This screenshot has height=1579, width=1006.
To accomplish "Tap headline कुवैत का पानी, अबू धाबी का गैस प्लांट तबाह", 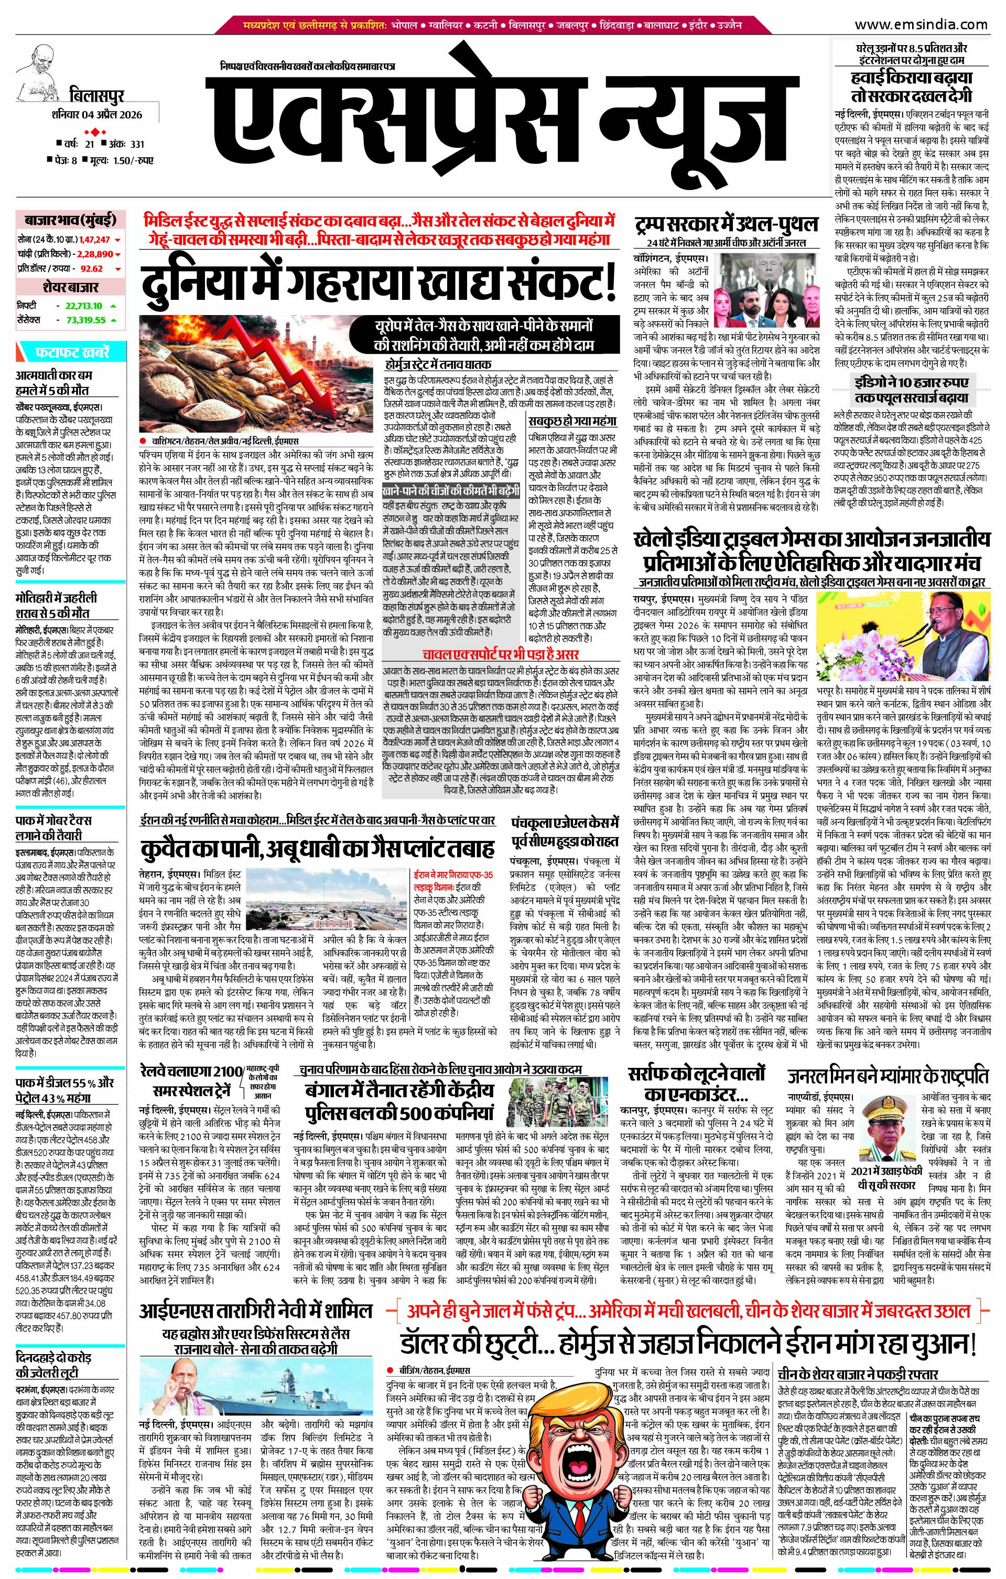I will [317, 849].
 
